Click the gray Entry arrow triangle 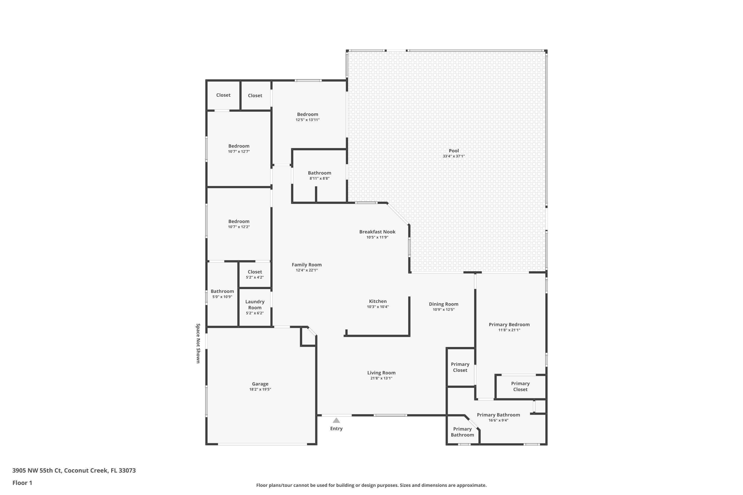336,421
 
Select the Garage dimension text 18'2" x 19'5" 260,389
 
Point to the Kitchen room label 378,301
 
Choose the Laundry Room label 255,305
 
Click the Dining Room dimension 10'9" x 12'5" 444,310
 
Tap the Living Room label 381,372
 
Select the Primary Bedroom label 509,324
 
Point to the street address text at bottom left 74,470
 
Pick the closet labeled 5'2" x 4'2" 255,274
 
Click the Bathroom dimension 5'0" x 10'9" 222,297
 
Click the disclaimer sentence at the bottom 371,485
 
